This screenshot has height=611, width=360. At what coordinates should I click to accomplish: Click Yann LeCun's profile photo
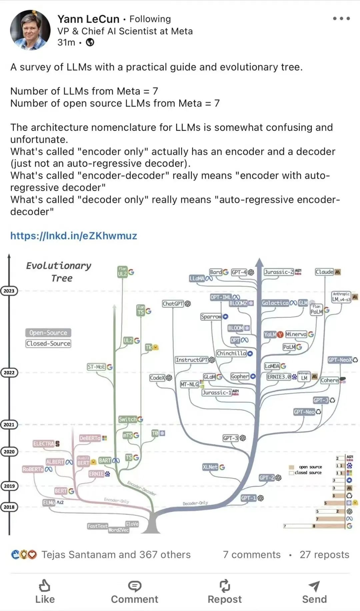(30, 30)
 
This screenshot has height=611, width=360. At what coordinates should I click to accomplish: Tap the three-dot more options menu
(341, 19)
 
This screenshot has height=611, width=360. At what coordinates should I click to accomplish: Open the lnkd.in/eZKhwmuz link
(74, 236)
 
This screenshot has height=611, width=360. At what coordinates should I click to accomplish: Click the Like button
(45, 592)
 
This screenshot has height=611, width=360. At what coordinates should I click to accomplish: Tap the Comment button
(135, 592)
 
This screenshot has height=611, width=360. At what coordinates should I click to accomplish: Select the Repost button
(225, 592)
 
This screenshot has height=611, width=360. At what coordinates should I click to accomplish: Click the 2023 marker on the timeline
(9, 291)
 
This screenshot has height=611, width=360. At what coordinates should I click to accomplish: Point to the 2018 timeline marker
(9, 507)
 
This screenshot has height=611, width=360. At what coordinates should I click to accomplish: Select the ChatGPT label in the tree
(173, 303)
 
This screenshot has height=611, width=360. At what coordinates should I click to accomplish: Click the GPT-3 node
(231, 438)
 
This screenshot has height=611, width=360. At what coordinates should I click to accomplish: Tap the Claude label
(324, 272)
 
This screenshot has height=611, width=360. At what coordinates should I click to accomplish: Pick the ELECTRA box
(44, 444)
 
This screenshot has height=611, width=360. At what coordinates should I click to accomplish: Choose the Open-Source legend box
(48, 333)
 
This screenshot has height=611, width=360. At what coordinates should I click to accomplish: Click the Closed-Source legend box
(48, 343)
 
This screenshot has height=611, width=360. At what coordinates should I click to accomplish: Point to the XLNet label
(210, 467)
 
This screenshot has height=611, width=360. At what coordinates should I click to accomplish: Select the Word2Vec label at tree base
(118, 530)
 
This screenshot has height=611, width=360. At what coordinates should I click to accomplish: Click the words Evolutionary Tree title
(59, 272)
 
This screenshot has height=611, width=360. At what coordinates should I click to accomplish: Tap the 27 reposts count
(324, 555)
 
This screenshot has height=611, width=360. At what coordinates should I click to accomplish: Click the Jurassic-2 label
(279, 272)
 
